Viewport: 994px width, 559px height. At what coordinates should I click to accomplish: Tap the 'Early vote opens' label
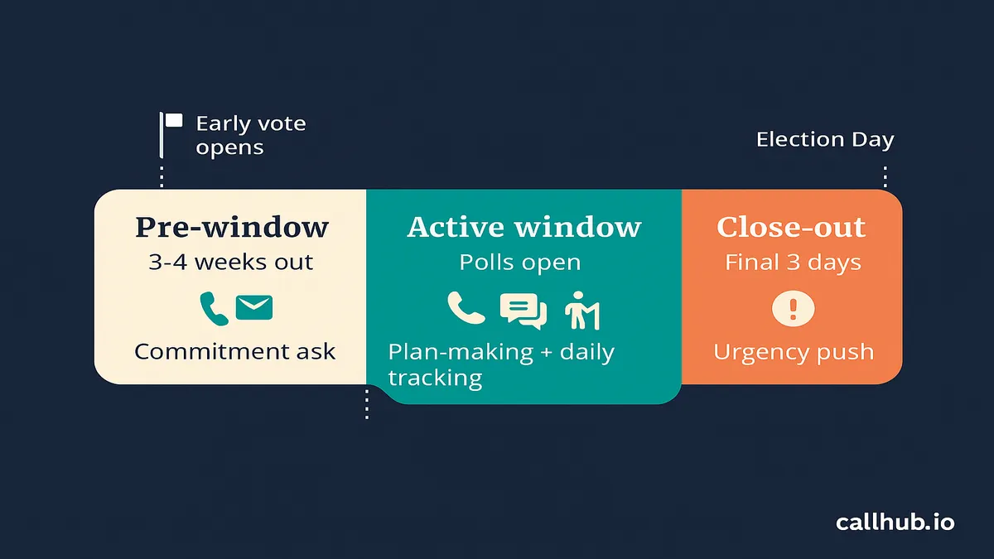click(x=251, y=135)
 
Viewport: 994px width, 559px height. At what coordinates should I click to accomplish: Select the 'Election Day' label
click(x=825, y=140)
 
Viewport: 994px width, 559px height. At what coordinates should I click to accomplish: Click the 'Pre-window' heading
click(x=232, y=227)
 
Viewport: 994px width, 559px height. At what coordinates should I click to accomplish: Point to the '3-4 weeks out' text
click(x=231, y=262)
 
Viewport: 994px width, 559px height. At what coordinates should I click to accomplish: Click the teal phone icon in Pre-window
click(x=214, y=309)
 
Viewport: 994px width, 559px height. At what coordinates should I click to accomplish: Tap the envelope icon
click(x=254, y=307)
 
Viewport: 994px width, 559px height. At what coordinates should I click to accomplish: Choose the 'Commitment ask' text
click(x=234, y=351)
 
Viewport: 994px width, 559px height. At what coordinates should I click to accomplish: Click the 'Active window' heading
click(x=524, y=227)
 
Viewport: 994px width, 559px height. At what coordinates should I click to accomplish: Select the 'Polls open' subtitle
click(x=520, y=262)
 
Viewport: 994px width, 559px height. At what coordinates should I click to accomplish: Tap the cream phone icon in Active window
click(x=466, y=308)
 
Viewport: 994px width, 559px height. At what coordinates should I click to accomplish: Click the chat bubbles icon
click(x=524, y=311)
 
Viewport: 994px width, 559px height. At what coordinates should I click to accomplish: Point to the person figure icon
click(x=581, y=311)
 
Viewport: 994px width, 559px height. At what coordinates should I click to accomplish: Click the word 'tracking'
click(x=435, y=378)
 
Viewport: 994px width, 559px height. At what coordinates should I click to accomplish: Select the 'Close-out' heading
click(x=791, y=227)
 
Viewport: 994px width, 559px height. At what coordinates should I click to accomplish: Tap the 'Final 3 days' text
click(x=793, y=263)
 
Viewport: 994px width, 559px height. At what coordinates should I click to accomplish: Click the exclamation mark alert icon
click(x=793, y=309)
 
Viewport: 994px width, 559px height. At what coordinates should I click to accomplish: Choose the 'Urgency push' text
click(x=794, y=352)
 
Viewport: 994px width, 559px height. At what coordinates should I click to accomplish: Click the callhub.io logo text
click(x=895, y=523)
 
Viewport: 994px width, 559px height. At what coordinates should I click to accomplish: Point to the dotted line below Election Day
click(x=885, y=176)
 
